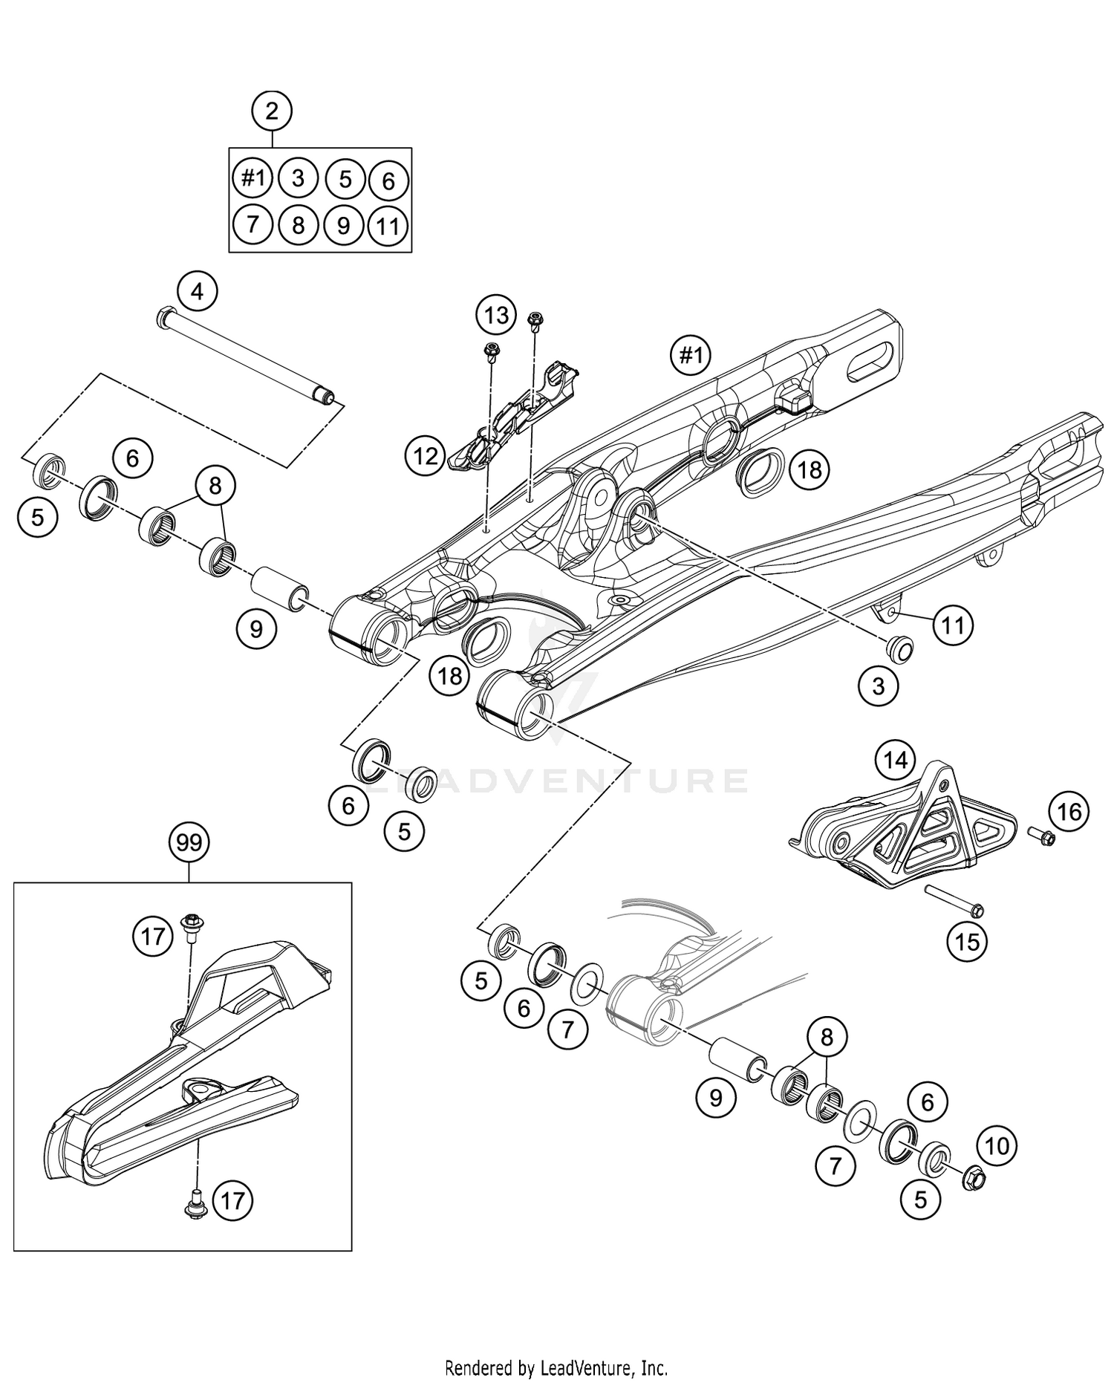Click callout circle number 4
pyautogui.click(x=197, y=291)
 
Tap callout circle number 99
pyautogui.click(x=189, y=842)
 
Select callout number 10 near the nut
pyautogui.click(x=997, y=1145)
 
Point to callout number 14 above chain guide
pyautogui.click(x=895, y=760)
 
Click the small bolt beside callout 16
pyautogui.click(x=1042, y=838)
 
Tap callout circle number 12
pyautogui.click(x=426, y=455)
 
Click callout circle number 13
pyautogui.click(x=496, y=315)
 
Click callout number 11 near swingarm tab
pyautogui.click(x=952, y=625)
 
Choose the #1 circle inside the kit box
pyautogui.click(x=253, y=178)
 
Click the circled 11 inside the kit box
pyautogui.click(x=388, y=226)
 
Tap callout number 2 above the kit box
pyautogui.click(x=272, y=111)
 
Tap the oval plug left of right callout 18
pyautogui.click(x=760, y=471)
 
